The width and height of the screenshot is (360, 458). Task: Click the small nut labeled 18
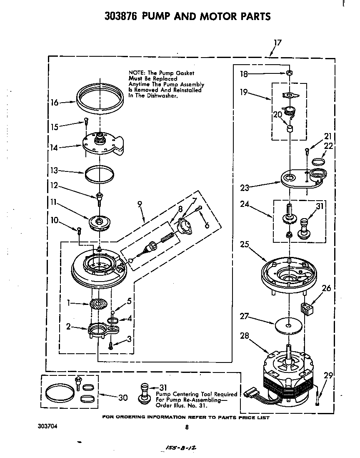tap(288, 73)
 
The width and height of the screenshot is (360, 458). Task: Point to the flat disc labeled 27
tap(288, 325)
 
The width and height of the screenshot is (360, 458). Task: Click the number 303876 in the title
tap(120, 16)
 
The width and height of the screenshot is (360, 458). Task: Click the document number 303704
tap(47, 426)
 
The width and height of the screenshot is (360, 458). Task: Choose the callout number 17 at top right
tap(277, 43)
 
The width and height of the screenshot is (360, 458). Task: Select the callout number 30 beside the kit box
tap(122, 398)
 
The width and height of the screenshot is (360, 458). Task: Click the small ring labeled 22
tap(319, 162)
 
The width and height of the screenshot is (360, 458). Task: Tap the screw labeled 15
tap(86, 122)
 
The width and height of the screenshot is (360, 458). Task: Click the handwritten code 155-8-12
tap(180, 447)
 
